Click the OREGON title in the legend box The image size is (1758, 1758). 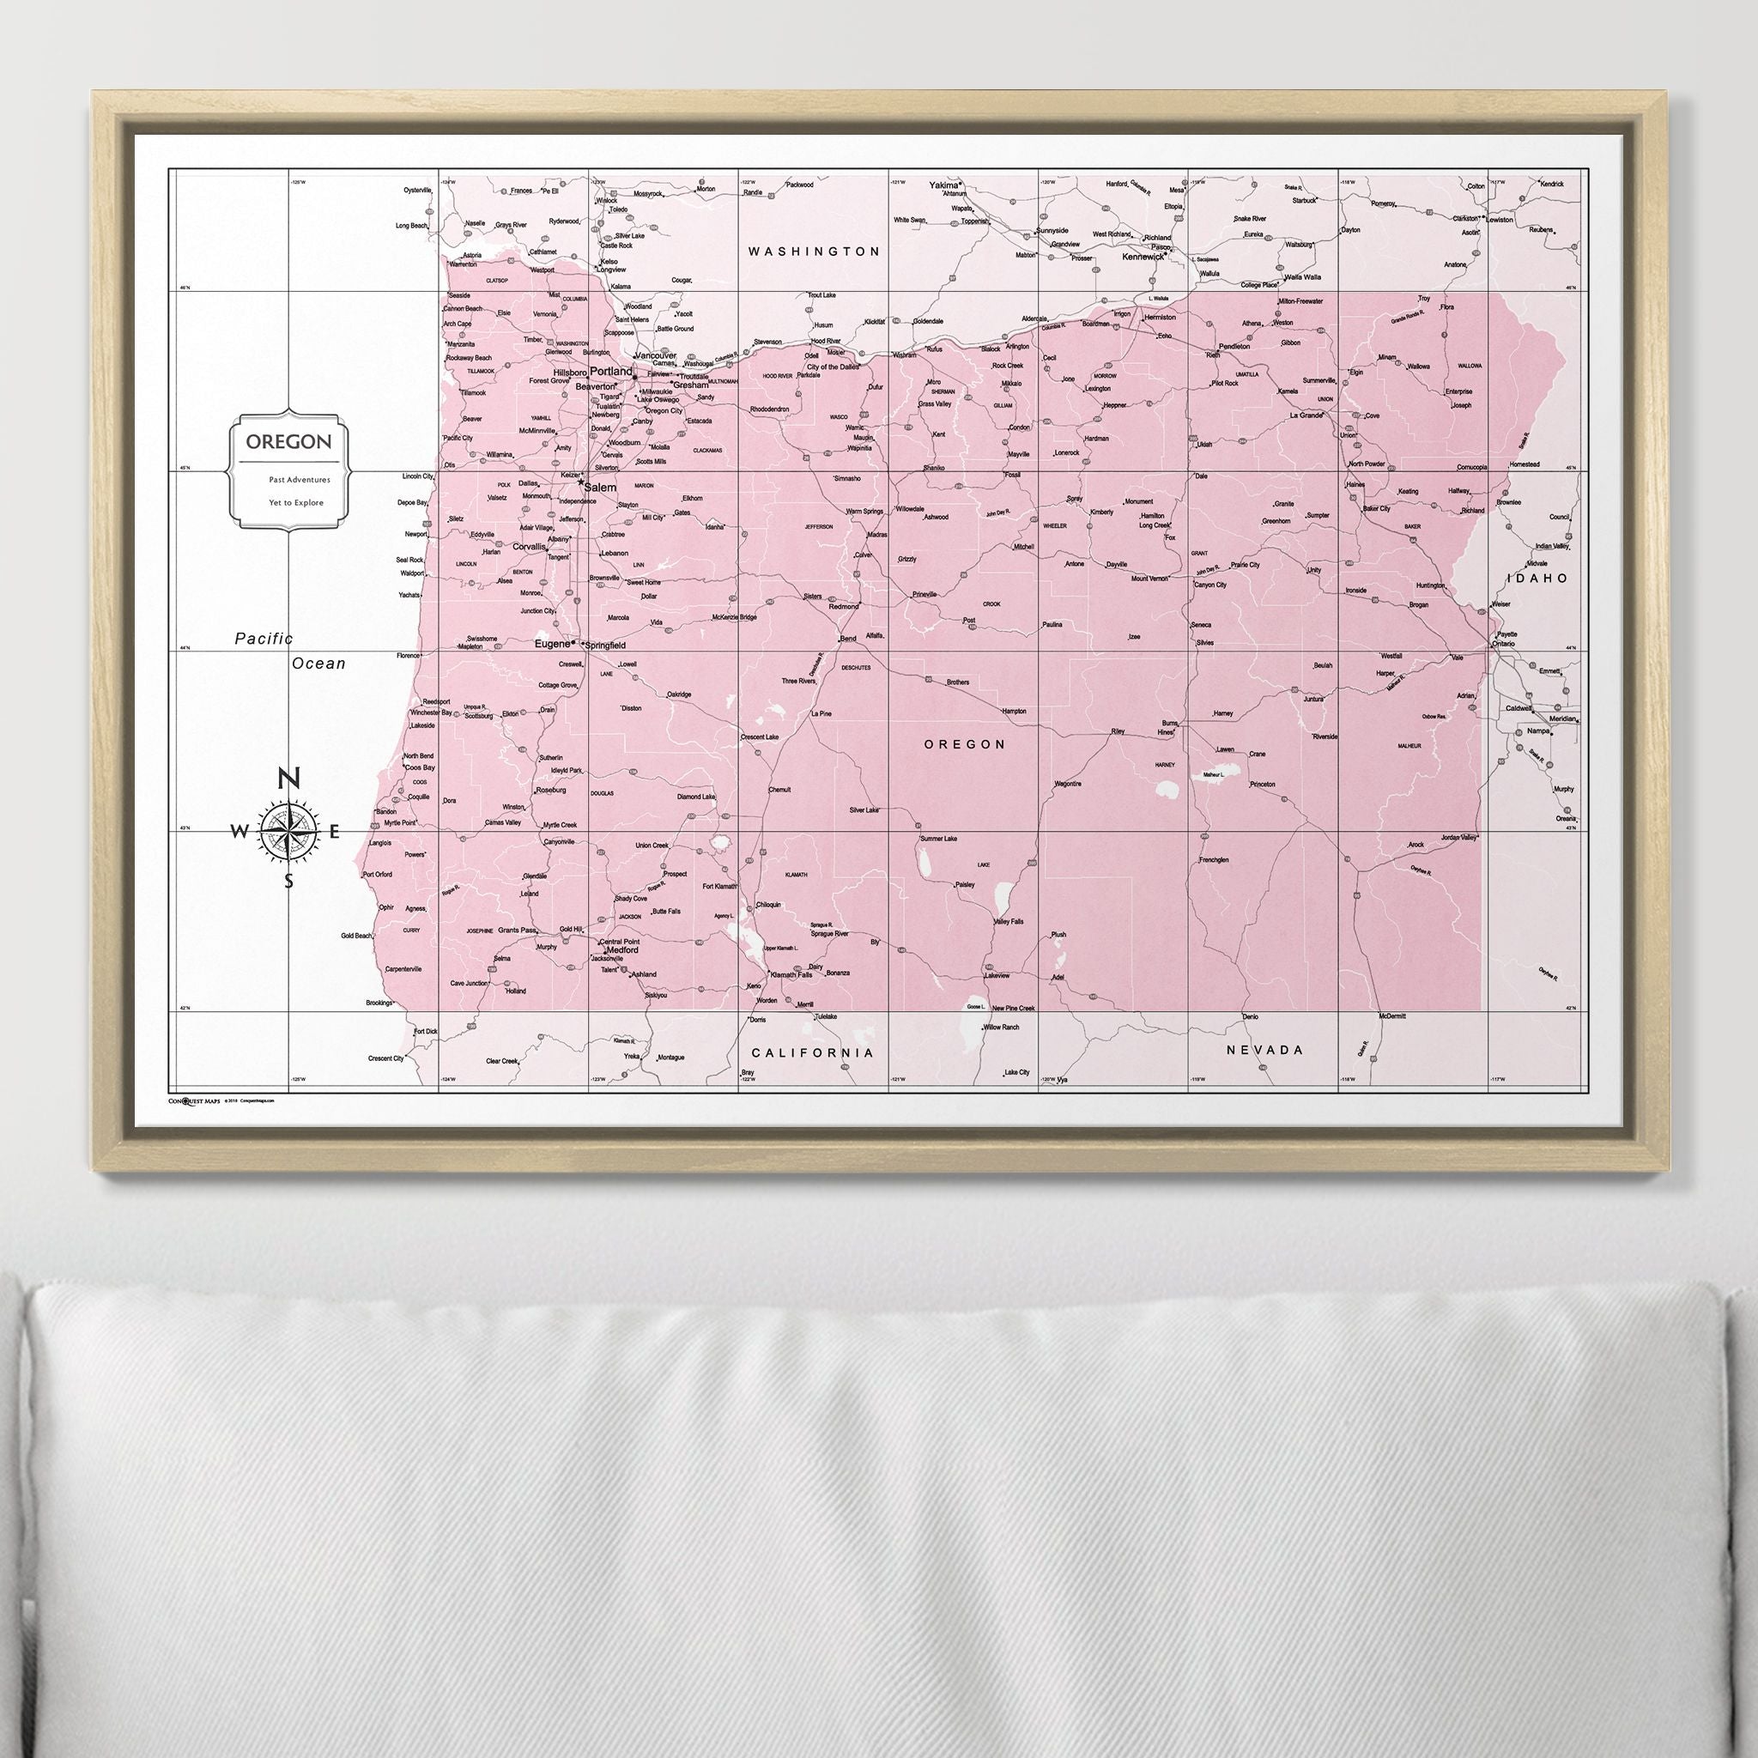288,442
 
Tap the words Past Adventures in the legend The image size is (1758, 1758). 300,480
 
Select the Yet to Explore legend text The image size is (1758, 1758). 296,502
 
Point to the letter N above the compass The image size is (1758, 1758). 288,779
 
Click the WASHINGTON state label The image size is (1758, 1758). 814,252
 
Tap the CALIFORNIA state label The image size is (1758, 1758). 812,1052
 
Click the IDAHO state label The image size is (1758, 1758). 1537,578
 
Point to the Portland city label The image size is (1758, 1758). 610,373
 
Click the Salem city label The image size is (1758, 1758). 601,488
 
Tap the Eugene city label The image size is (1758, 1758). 550,643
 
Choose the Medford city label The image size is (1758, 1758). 622,949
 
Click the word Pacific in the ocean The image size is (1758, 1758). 264,639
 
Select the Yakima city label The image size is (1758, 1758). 943,185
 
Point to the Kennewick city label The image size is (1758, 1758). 1143,257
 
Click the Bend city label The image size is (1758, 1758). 847,639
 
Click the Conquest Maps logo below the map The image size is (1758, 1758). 194,1100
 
